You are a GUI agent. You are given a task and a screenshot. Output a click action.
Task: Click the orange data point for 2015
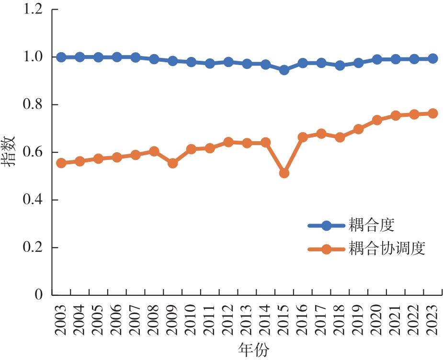(x=284, y=173)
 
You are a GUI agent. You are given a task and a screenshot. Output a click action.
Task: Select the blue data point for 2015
(x=284, y=70)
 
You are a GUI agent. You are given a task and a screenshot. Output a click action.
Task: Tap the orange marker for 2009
(x=173, y=163)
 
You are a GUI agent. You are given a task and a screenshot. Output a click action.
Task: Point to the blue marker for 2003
(x=61, y=57)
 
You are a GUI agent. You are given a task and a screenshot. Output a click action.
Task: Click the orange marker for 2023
(x=432, y=113)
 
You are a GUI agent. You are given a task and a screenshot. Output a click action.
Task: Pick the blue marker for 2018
(x=340, y=66)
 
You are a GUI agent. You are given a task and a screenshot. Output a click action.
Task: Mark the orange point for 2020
(x=377, y=120)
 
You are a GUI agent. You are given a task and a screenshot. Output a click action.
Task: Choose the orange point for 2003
(x=61, y=163)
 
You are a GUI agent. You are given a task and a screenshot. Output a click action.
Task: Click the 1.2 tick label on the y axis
(x=33, y=9)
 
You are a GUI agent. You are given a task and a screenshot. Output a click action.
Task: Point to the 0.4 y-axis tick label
(x=33, y=200)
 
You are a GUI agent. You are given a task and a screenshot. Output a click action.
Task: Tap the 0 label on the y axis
(x=40, y=295)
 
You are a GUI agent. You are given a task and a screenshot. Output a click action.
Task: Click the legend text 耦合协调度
(x=387, y=249)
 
